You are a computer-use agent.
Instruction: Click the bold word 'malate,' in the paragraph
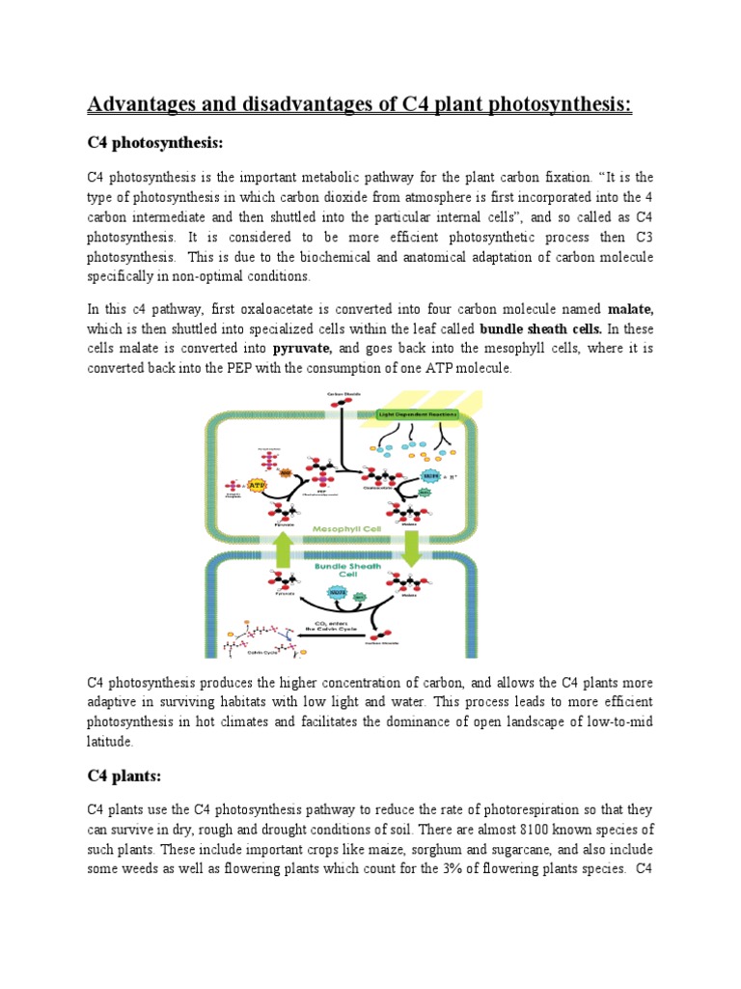629,309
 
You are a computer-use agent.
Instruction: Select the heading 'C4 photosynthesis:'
155,143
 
